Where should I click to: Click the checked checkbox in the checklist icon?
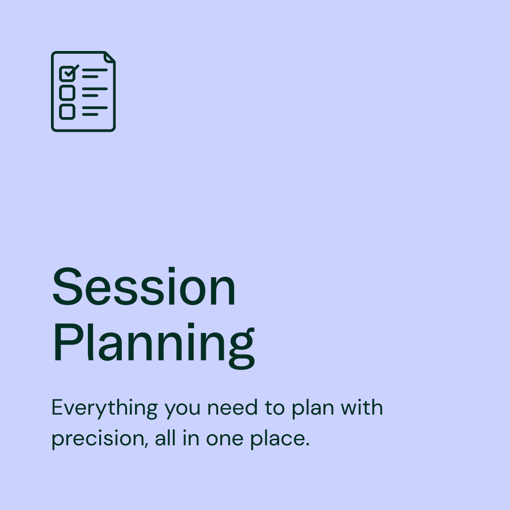tap(67, 74)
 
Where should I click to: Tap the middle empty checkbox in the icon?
tap(67, 93)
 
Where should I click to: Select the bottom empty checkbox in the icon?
tap(67, 111)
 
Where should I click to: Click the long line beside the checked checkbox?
tap(95, 70)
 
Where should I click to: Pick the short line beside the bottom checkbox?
tap(90, 114)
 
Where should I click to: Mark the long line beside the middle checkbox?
tap(95, 89)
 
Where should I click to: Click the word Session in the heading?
tap(144, 287)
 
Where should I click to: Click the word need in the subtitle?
tap(229, 408)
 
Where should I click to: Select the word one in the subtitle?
tap(222, 439)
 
